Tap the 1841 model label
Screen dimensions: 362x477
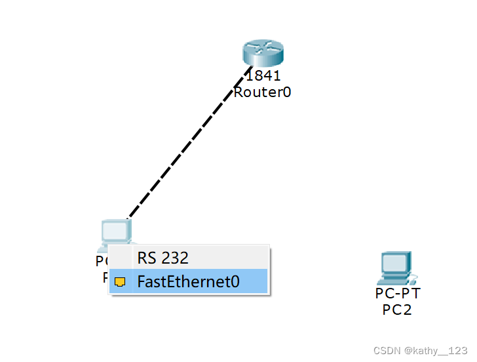pyautogui.click(x=263, y=76)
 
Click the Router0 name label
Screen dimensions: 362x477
pyautogui.click(x=262, y=92)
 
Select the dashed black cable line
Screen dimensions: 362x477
pyautogui.click(x=190, y=141)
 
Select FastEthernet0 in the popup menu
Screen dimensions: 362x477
pyautogui.click(x=189, y=282)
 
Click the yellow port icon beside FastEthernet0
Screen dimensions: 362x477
pyautogui.click(x=120, y=282)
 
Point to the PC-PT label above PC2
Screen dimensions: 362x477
pyautogui.click(x=397, y=293)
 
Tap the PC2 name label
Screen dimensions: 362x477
pyautogui.click(x=397, y=310)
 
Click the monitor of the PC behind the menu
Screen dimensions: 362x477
pyautogui.click(x=115, y=231)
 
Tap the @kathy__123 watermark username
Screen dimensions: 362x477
pyautogui.click(x=436, y=352)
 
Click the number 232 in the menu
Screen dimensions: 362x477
pyautogui.click(x=175, y=258)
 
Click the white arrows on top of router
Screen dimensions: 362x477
pyautogui.click(x=262, y=47)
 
